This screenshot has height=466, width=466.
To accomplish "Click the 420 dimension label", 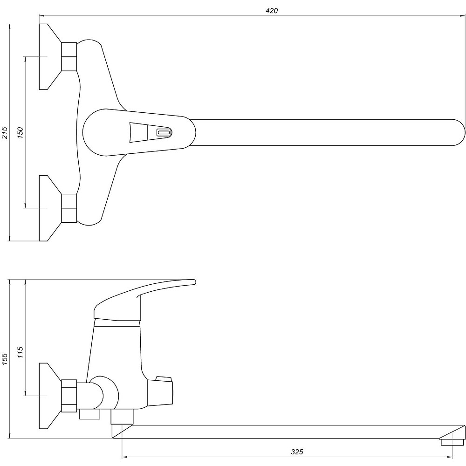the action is click(272, 11).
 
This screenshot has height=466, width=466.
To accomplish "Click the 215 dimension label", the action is click(5, 133).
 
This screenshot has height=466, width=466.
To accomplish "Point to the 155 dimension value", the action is click(5, 359).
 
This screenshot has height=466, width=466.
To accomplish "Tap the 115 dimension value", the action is click(20, 352).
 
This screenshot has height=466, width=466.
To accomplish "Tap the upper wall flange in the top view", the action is click(50, 56).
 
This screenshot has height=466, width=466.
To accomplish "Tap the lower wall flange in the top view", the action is click(50, 208).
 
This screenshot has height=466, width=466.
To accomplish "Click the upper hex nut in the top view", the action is click(69, 56).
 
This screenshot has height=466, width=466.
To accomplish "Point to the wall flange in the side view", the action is click(50, 396).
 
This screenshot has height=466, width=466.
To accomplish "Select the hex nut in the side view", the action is click(69, 396).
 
